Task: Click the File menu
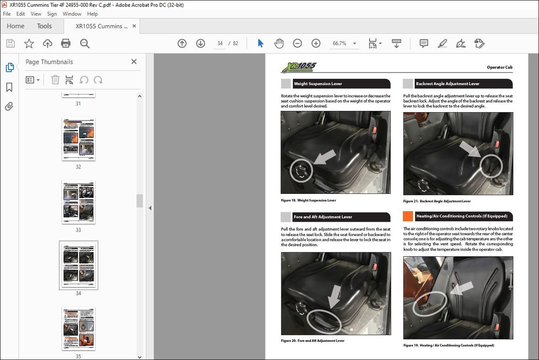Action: (7, 14)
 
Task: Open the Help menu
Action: (92, 14)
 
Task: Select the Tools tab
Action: (44, 26)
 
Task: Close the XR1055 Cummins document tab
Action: (134, 26)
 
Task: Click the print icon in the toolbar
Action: (66, 43)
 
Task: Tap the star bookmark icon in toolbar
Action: (29, 43)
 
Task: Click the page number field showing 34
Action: (220, 43)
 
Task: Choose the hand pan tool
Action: (279, 43)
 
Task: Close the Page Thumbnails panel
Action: (134, 62)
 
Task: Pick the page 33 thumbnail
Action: (78, 202)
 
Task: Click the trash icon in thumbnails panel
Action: (55, 80)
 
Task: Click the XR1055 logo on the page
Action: (299, 67)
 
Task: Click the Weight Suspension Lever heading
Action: (318, 84)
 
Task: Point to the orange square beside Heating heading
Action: (408, 216)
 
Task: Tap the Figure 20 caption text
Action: (313, 341)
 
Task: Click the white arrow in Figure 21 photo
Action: (470, 149)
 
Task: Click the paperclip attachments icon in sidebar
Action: (9, 107)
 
